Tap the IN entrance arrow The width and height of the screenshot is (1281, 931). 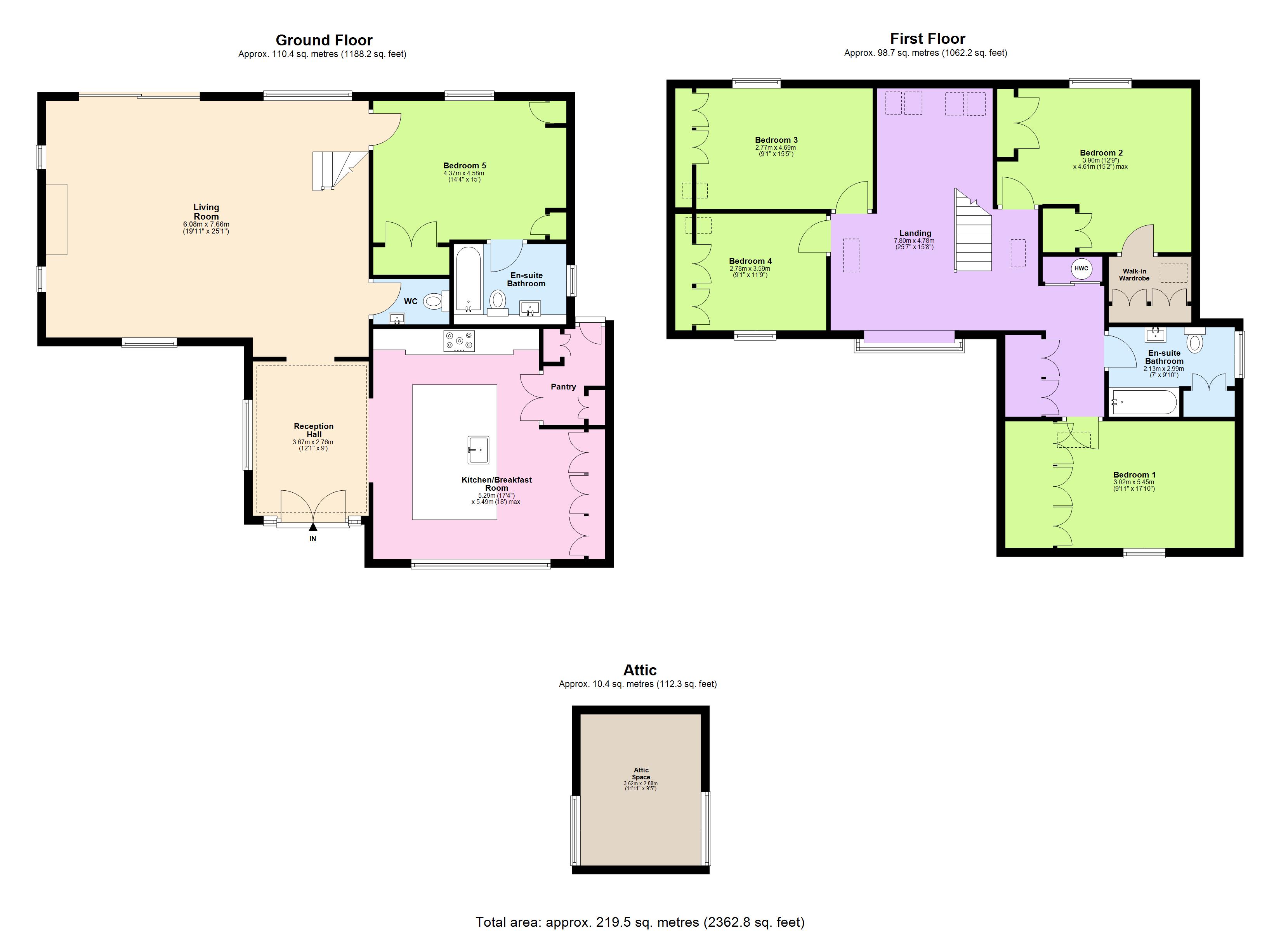[313, 528]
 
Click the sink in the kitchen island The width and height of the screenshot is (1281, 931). [478, 450]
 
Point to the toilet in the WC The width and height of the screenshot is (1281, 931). [434, 301]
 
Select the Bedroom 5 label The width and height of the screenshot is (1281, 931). [464, 165]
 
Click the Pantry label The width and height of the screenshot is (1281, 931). [563, 387]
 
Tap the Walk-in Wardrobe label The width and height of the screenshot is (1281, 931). [1134, 274]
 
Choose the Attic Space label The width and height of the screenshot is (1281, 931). [641, 774]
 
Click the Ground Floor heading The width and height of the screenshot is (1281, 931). [324, 40]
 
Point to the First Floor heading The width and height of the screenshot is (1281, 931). [927, 38]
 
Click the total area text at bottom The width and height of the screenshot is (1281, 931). [640, 922]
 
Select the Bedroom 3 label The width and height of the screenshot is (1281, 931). [776, 140]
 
